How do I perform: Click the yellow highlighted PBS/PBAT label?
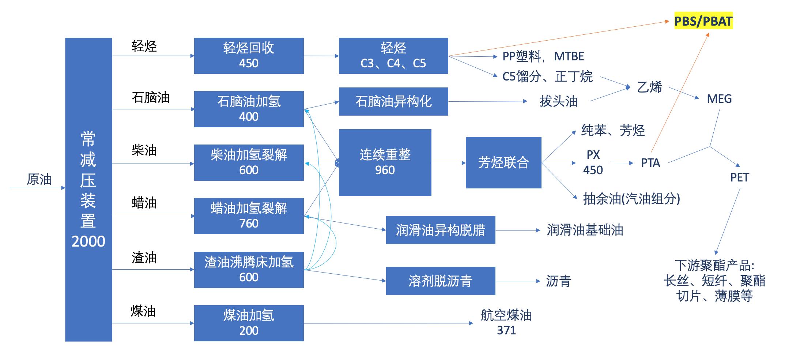point(703,21)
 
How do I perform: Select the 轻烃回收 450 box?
point(249,56)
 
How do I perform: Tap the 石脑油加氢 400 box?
point(249,109)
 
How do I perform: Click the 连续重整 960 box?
point(385,162)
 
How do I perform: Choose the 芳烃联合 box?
point(503,162)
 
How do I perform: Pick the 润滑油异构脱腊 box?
point(440,230)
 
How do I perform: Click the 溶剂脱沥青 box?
point(440,281)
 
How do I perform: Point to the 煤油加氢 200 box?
point(249,323)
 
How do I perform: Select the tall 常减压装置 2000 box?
point(88,190)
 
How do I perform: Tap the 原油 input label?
point(39,180)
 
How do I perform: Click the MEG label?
point(719,99)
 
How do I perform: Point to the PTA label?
point(650,163)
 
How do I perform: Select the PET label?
point(739,178)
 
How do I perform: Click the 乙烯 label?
point(649,87)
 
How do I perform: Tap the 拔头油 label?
point(558,101)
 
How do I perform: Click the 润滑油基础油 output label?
point(585,230)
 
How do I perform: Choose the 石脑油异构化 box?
point(393,101)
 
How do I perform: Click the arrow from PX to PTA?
point(622,163)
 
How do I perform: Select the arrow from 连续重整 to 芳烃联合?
point(448,163)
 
